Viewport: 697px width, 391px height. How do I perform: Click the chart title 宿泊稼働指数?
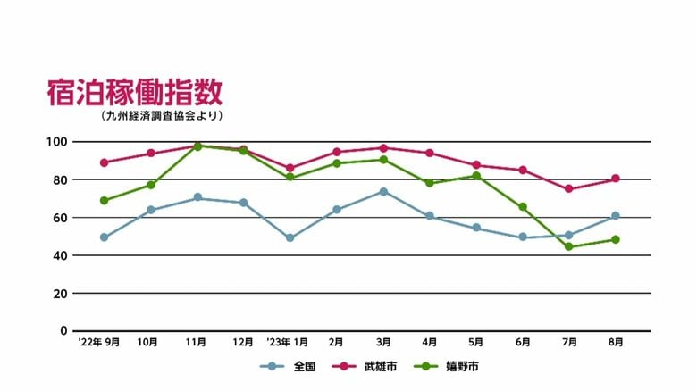[x=135, y=93]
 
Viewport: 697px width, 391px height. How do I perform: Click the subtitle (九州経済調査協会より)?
[x=162, y=116]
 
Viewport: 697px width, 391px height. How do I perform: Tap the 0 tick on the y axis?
[x=63, y=331]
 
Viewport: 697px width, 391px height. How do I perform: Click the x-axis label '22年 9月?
[x=98, y=342]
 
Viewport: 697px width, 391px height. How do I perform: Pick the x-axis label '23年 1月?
[x=288, y=342]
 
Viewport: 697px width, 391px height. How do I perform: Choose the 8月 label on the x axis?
[x=616, y=342]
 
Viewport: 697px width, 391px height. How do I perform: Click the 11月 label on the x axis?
[x=197, y=342]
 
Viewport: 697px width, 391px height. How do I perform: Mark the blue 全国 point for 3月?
[x=383, y=192]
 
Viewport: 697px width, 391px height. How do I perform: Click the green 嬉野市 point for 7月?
[x=569, y=246]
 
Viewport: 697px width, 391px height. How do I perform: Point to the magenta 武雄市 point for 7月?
[x=569, y=189]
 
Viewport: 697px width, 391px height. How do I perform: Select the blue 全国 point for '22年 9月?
[x=105, y=237]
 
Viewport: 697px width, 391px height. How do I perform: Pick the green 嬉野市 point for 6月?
[x=523, y=207]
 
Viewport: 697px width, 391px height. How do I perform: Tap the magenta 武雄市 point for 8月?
[x=616, y=179]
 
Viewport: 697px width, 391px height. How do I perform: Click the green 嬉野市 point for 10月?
[x=151, y=185]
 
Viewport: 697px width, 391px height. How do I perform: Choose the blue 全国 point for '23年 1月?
[x=290, y=238]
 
